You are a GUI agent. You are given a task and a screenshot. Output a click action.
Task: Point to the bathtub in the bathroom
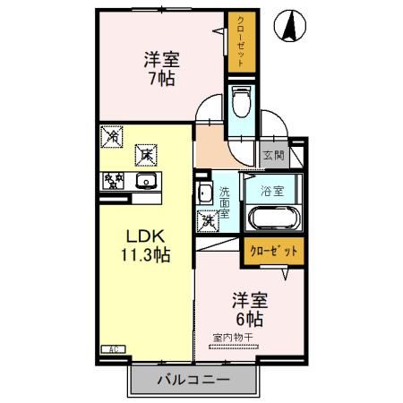272,218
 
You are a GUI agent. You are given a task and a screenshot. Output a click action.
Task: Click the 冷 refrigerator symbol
112,136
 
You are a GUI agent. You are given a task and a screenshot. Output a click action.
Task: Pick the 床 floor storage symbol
145,155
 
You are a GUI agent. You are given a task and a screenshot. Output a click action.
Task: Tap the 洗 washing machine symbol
207,219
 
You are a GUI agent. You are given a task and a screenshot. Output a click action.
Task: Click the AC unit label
114,348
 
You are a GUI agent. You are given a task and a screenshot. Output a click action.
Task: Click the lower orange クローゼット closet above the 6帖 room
272,250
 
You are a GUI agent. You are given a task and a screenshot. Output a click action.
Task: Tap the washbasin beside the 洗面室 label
205,193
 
